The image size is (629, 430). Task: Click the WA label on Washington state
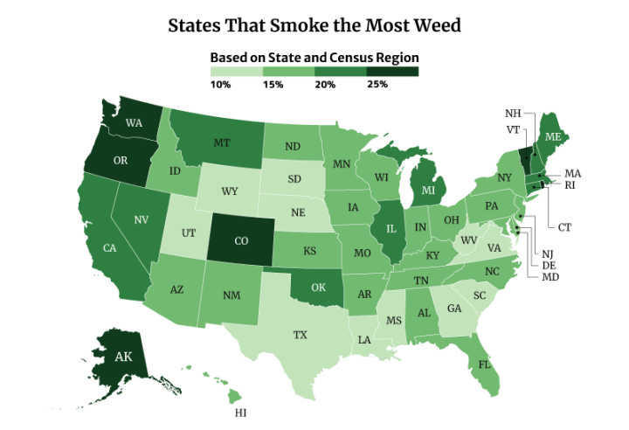(134, 123)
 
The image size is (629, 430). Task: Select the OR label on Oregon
(121, 160)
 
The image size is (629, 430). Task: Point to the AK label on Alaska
(124, 357)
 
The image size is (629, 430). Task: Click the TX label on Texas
(300, 335)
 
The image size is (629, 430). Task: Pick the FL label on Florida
(483, 362)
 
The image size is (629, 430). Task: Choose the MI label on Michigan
(429, 190)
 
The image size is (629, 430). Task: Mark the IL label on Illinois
(390, 229)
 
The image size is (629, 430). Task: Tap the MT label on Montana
(221, 143)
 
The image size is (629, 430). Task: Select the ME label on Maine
(553, 137)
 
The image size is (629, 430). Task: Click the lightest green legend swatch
(236, 72)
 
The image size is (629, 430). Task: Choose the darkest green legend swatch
(392, 72)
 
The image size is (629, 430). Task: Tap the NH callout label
(513, 114)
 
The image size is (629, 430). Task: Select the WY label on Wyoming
(230, 191)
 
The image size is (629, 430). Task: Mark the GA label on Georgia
(454, 309)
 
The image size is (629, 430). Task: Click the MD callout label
(550, 277)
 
